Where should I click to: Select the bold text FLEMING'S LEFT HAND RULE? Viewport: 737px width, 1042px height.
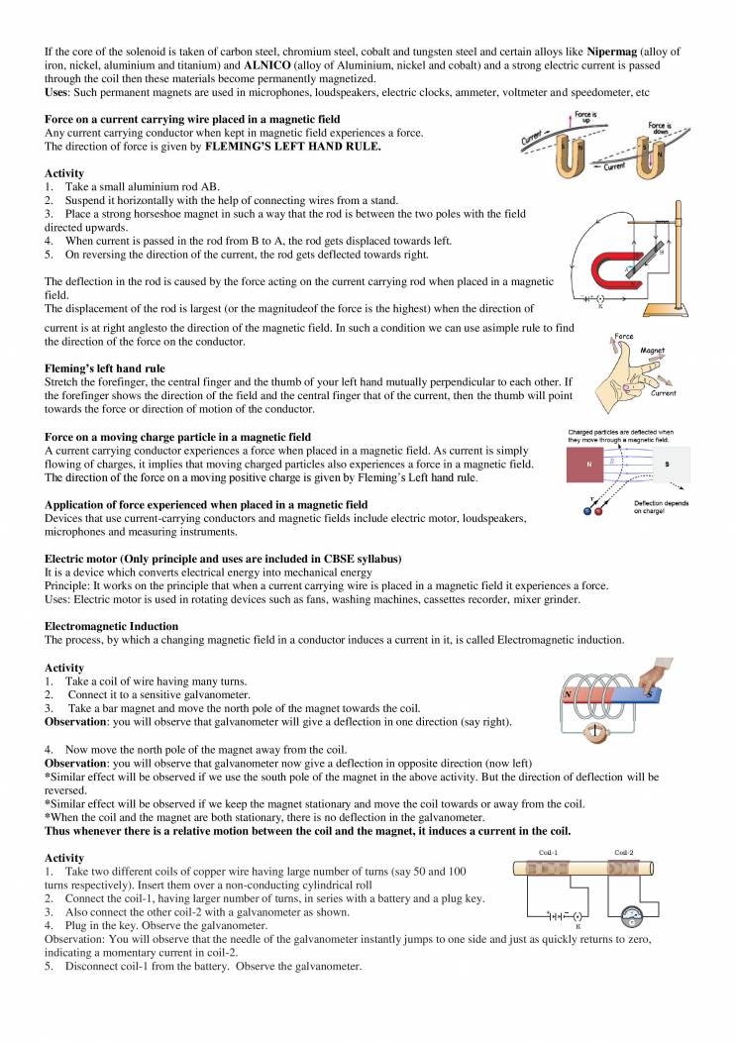(292, 147)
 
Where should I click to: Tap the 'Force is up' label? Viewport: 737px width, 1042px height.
(585, 116)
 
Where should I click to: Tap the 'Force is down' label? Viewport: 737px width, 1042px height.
(661, 128)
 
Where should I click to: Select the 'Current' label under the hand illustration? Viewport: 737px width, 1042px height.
(663, 393)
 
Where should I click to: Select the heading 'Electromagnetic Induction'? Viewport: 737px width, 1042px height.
(112, 626)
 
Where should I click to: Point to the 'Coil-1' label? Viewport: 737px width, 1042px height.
(548, 851)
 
